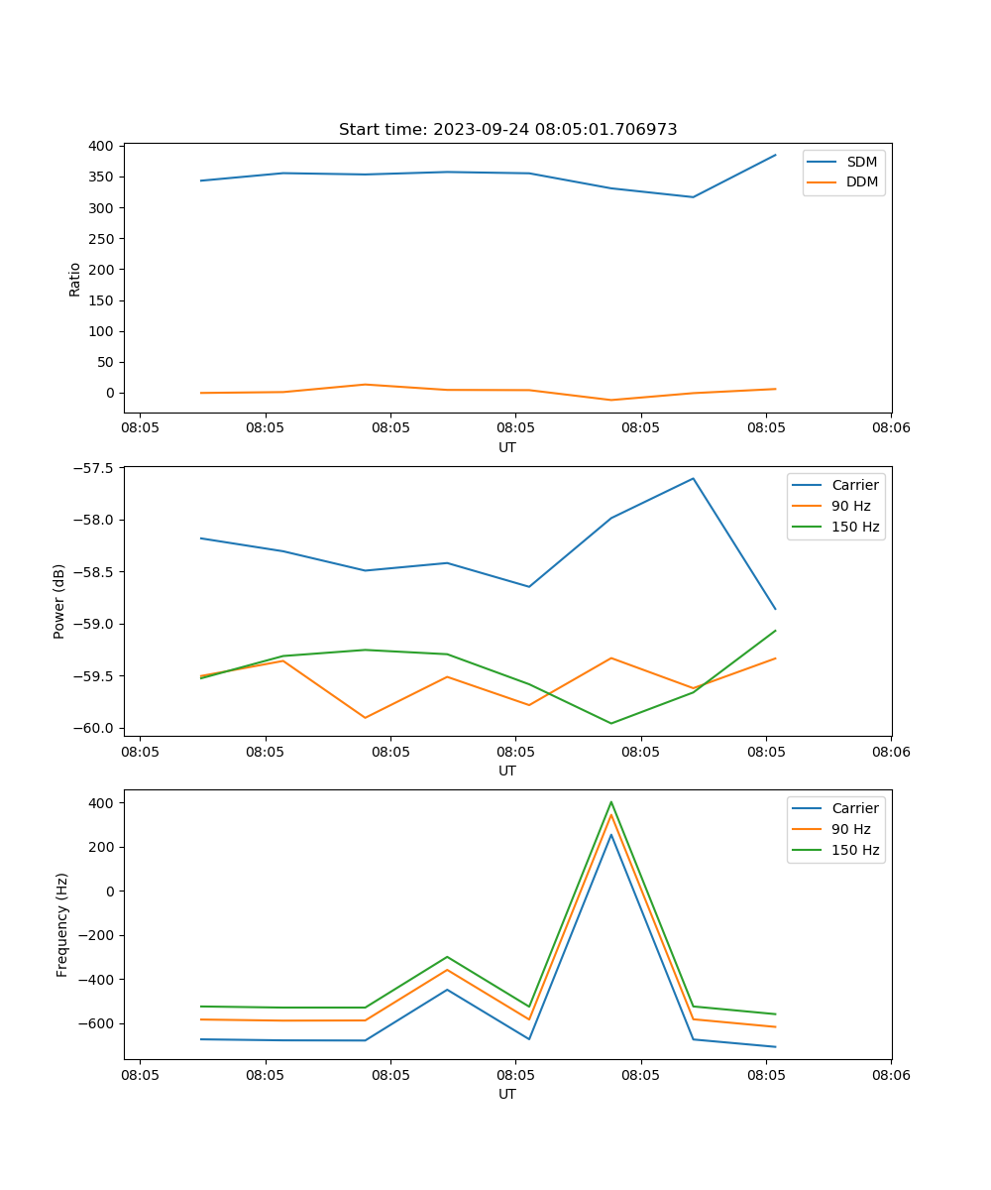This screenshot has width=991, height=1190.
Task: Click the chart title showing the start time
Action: [x=507, y=130]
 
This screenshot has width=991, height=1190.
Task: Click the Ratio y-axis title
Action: [x=75, y=279]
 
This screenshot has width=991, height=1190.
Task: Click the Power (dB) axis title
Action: [x=59, y=601]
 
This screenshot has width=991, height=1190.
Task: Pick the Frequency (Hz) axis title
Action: [x=62, y=924]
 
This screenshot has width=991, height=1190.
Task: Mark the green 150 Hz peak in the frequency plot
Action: [x=611, y=802]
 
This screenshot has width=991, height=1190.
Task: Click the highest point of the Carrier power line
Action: [x=693, y=478]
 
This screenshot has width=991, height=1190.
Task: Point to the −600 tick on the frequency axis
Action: [x=98, y=1023]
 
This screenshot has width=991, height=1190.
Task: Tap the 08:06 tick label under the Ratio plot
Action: [x=890, y=428]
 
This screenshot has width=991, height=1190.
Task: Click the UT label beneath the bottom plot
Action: [x=507, y=1094]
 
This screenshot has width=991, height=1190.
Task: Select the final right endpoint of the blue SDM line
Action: [x=775, y=155]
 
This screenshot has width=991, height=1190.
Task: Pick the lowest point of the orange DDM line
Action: [x=610, y=400]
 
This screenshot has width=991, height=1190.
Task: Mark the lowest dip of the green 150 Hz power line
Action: [x=610, y=723]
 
